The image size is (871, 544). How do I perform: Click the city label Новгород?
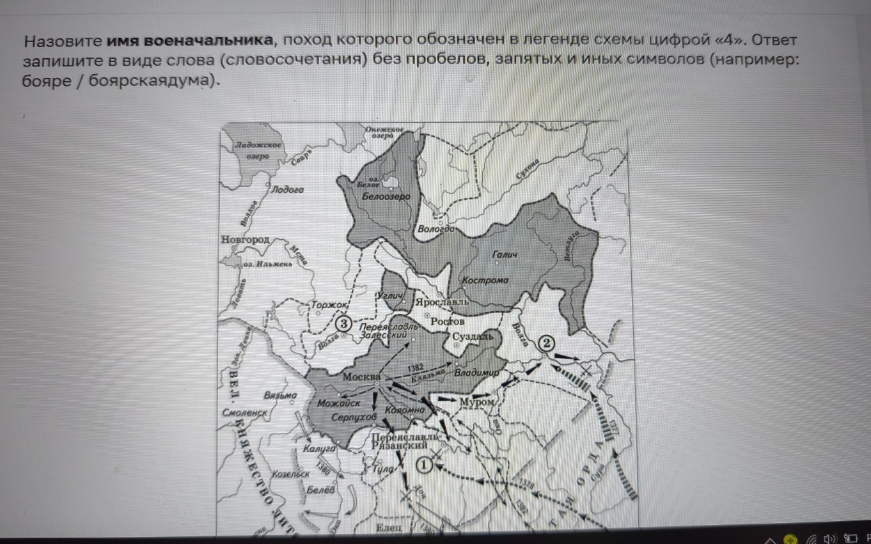pos(245,239)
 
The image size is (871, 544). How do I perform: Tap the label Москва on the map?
pos(361,377)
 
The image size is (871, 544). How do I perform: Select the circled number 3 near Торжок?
pos(343,324)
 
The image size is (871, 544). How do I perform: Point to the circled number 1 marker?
pos(424,465)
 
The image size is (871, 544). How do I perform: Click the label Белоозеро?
pos(386,197)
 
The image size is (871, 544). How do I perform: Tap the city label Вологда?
pos(435,229)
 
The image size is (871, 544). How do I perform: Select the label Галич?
pos(505,255)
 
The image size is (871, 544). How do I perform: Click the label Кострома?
pos(485,280)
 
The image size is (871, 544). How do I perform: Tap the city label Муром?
pos(476,401)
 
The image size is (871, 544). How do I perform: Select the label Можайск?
pos(338,403)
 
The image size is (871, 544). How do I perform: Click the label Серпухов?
pos(354,417)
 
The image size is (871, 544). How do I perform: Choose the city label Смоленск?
pos(244,413)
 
